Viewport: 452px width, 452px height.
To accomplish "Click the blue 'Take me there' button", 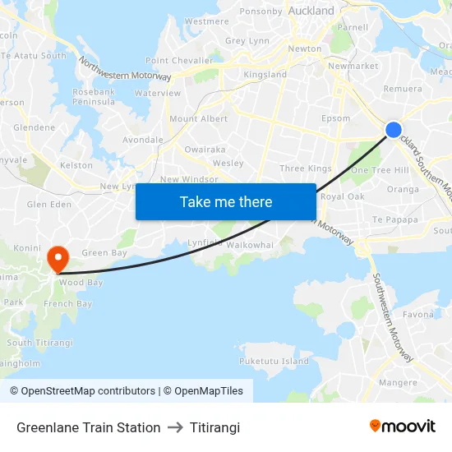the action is click(x=226, y=202).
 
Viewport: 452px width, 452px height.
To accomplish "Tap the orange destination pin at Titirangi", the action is click(x=58, y=259).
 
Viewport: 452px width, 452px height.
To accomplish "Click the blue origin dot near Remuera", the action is click(x=394, y=130).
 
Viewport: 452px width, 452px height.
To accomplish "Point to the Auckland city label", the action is click(x=311, y=12).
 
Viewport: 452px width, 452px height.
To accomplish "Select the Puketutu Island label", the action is click(x=274, y=361).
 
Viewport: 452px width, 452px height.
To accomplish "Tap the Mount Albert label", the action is click(x=198, y=119).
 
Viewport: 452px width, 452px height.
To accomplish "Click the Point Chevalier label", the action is click(x=179, y=61).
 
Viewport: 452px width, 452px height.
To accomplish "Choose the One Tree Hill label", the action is click(x=380, y=170).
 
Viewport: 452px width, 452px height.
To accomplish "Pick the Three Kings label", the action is click(x=306, y=168).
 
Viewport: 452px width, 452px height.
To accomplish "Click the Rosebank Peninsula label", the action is click(x=94, y=97).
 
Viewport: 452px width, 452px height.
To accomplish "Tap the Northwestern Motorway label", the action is click(x=125, y=68).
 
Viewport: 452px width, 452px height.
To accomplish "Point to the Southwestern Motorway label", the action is click(x=392, y=316).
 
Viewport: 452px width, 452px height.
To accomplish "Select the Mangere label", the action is click(x=398, y=382).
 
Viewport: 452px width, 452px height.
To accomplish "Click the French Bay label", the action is click(x=67, y=304).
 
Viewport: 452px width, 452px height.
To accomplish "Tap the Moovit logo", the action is click(x=403, y=427).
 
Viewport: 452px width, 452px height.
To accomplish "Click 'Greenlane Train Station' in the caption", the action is click(x=89, y=427).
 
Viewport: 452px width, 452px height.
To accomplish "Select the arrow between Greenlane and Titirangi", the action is click(x=175, y=427).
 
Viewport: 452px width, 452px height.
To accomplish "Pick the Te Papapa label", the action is click(x=396, y=219).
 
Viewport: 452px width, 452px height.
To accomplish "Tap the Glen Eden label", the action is click(x=44, y=205).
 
